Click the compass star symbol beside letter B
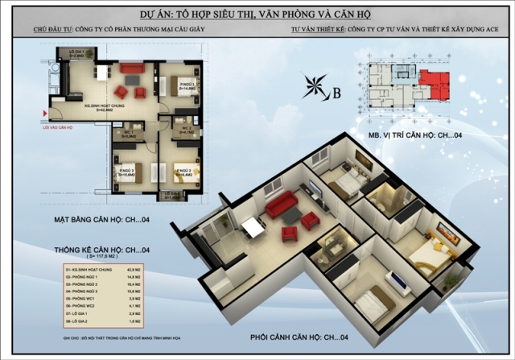[x=315, y=89]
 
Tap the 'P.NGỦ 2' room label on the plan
[x=186, y=171]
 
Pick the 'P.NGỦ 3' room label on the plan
[x=127, y=171]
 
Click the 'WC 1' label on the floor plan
[x=129, y=130]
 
